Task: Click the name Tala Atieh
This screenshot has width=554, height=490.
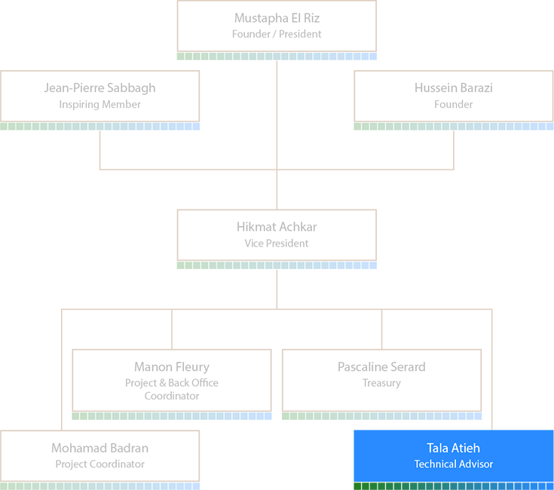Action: [453, 449]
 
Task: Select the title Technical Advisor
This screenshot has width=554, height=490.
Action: [453, 464]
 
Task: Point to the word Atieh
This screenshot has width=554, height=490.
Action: [467, 449]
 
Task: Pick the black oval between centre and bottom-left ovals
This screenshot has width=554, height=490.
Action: [172, 375]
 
